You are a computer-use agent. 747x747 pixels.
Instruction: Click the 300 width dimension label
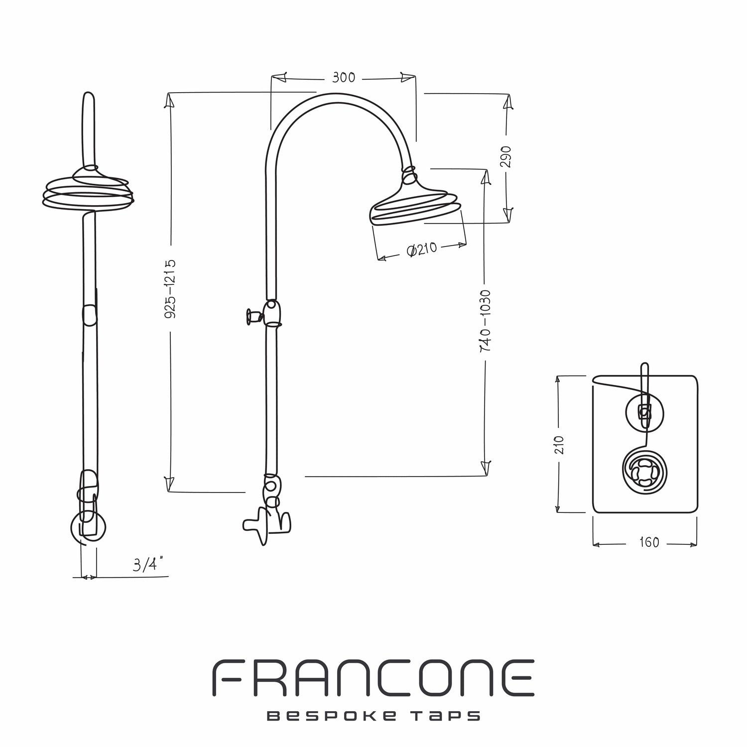click(344, 78)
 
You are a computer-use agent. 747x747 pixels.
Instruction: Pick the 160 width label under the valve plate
click(649, 542)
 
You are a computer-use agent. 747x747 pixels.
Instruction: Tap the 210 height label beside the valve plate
click(559, 445)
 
